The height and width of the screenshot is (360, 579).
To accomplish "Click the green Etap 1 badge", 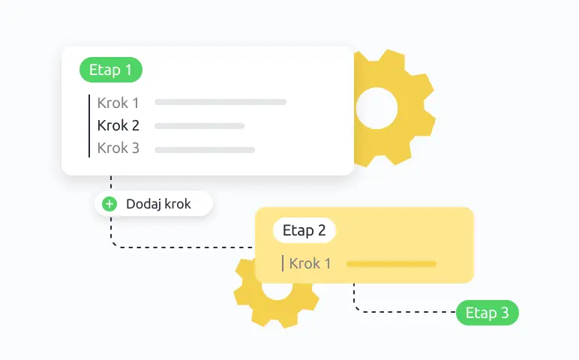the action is [x=111, y=70].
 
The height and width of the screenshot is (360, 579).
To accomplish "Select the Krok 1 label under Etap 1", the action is [x=118, y=103].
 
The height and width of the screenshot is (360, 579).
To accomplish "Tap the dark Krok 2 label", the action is [x=118, y=125].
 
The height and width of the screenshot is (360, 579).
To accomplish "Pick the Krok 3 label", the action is [x=118, y=148].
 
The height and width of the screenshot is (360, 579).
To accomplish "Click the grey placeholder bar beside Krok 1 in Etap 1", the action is [x=220, y=102].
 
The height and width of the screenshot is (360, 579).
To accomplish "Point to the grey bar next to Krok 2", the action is [x=199, y=126].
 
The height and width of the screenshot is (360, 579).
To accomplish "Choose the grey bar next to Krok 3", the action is [x=205, y=150].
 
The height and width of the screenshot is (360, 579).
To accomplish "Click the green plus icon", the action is [x=109, y=204].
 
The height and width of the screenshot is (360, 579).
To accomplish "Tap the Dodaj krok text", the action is [x=158, y=204].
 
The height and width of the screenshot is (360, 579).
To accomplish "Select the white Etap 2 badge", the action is [x=304, y=230].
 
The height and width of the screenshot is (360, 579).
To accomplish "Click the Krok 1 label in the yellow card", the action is [x=310, y=264].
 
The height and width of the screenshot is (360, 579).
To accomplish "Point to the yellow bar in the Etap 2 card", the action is [x=391, y=264].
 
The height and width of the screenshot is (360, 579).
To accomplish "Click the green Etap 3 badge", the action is [x=487, y=313].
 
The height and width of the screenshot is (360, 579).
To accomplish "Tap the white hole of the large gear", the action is [x=376, y=108].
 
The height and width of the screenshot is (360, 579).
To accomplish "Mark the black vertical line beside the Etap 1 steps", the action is [x=89, y=126].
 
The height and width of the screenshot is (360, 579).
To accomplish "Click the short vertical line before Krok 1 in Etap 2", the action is [x=283, y=263].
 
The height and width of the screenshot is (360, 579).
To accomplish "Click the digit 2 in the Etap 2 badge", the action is [x=322, y=230].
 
